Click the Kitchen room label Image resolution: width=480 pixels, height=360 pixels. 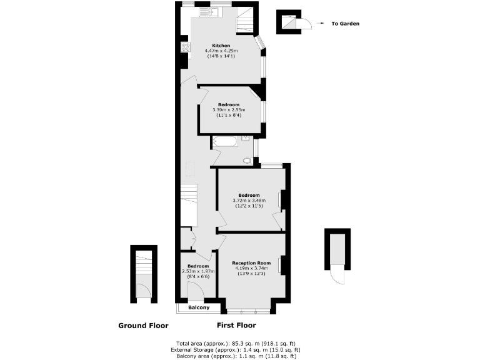click(x=221, y=46)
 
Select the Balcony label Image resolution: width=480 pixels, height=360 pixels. click(x=199, y=308)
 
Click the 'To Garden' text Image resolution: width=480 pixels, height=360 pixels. click(x=345, y=24)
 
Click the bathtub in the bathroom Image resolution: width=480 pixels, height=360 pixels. click(x=224, y=141)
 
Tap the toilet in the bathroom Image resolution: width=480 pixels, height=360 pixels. click(x=248, y=161)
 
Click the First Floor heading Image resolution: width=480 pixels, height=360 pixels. click(x=236, y=326)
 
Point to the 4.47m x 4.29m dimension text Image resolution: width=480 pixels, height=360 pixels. click(x=221, y=51)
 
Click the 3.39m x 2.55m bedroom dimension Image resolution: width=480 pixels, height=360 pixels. click(x=228, y=110)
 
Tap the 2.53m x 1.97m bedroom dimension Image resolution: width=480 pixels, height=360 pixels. click(x=197, y=271)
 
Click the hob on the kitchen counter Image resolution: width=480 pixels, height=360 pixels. click(x=185, y=46)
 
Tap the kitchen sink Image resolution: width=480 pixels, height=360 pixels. click(x=204, y=12)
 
